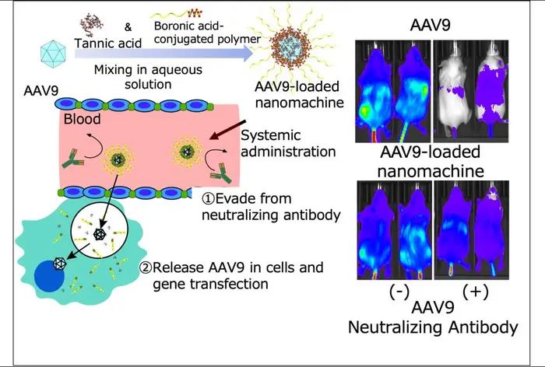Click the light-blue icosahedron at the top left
pyautogui.click(x=53, y=54)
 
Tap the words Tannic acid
pyautogui.click(x=108, y=44)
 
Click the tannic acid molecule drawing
pyautogui.click(x=91, y=24)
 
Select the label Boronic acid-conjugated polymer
pyautogui.click(x=207, y=32)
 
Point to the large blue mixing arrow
pyautogui.click(x=163, y=53)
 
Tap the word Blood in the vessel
pyautogui.click(x=82, y=119)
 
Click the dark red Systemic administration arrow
pyautogui.click(x=227, y=130)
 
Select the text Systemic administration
pyautogui.click(x=288, y=143)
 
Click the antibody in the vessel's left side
pyautogui.click(x=72, y=159)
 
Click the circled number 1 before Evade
pyautogui.click(x=209, y=199)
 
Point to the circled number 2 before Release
pyautogui.click(x=146, y=267)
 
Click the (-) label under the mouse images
pyautogui.click(x=399, y=292)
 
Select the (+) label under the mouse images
pyautogui.click(x=476, y=292)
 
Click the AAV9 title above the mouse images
pyautogui.click(x=431, y=25)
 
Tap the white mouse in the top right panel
pyautogui.click(x=454, y=92)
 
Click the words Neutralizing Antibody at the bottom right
pyautogui.click(x=433, y=327)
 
